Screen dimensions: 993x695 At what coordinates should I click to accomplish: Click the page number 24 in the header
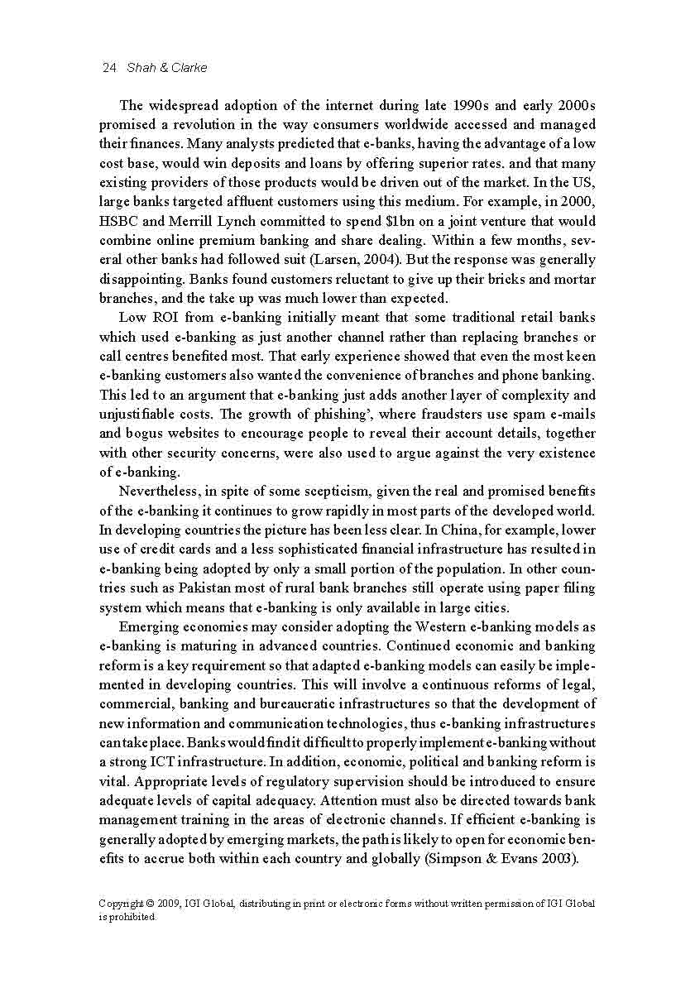(108, 67)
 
